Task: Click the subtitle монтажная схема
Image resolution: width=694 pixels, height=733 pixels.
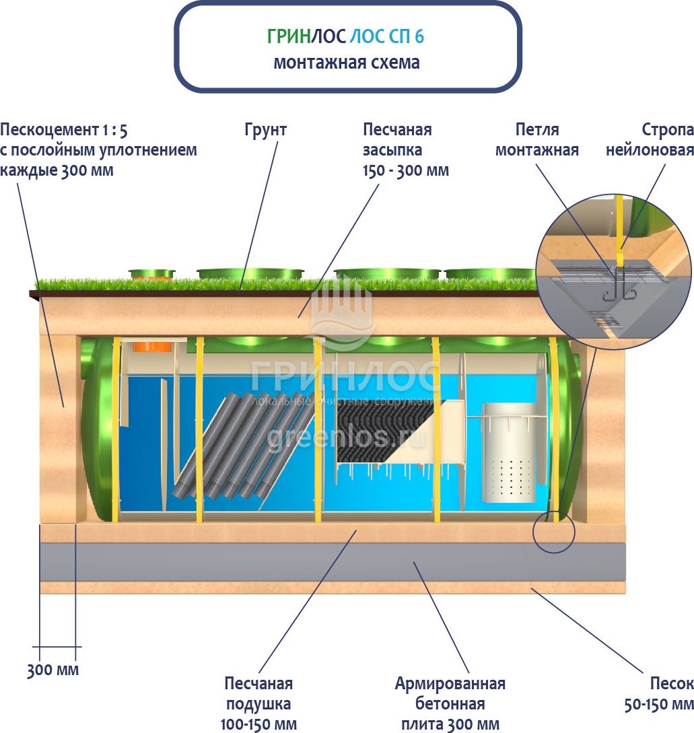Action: point(346,63)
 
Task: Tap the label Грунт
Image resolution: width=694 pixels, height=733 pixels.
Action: point(265,130)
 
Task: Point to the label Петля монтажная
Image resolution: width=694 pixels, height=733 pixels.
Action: point(536,139)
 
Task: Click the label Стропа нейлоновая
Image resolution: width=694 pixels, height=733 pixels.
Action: point(649,139)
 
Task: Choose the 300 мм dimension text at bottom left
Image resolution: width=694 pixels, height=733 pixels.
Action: point(53,670)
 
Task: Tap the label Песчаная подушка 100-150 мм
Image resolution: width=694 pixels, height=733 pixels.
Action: point(258,703)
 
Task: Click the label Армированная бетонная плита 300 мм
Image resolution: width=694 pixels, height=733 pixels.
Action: point(450,703)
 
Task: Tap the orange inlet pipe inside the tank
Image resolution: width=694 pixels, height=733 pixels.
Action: point(153,347)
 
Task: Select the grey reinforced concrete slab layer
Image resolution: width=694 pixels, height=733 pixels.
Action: point(333,561)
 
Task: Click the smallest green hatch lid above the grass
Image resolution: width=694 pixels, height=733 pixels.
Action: point(151,273)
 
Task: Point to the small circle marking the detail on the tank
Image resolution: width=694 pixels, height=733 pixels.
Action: point(554,532)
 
